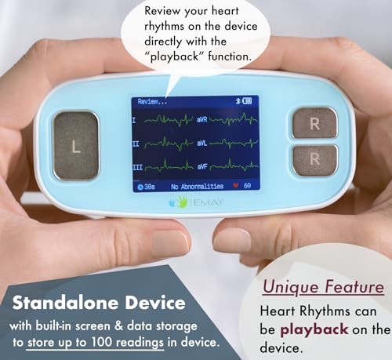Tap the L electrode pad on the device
pos(76,146)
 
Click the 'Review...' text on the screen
pos(153,102)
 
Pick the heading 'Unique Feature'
pos(323,287)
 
